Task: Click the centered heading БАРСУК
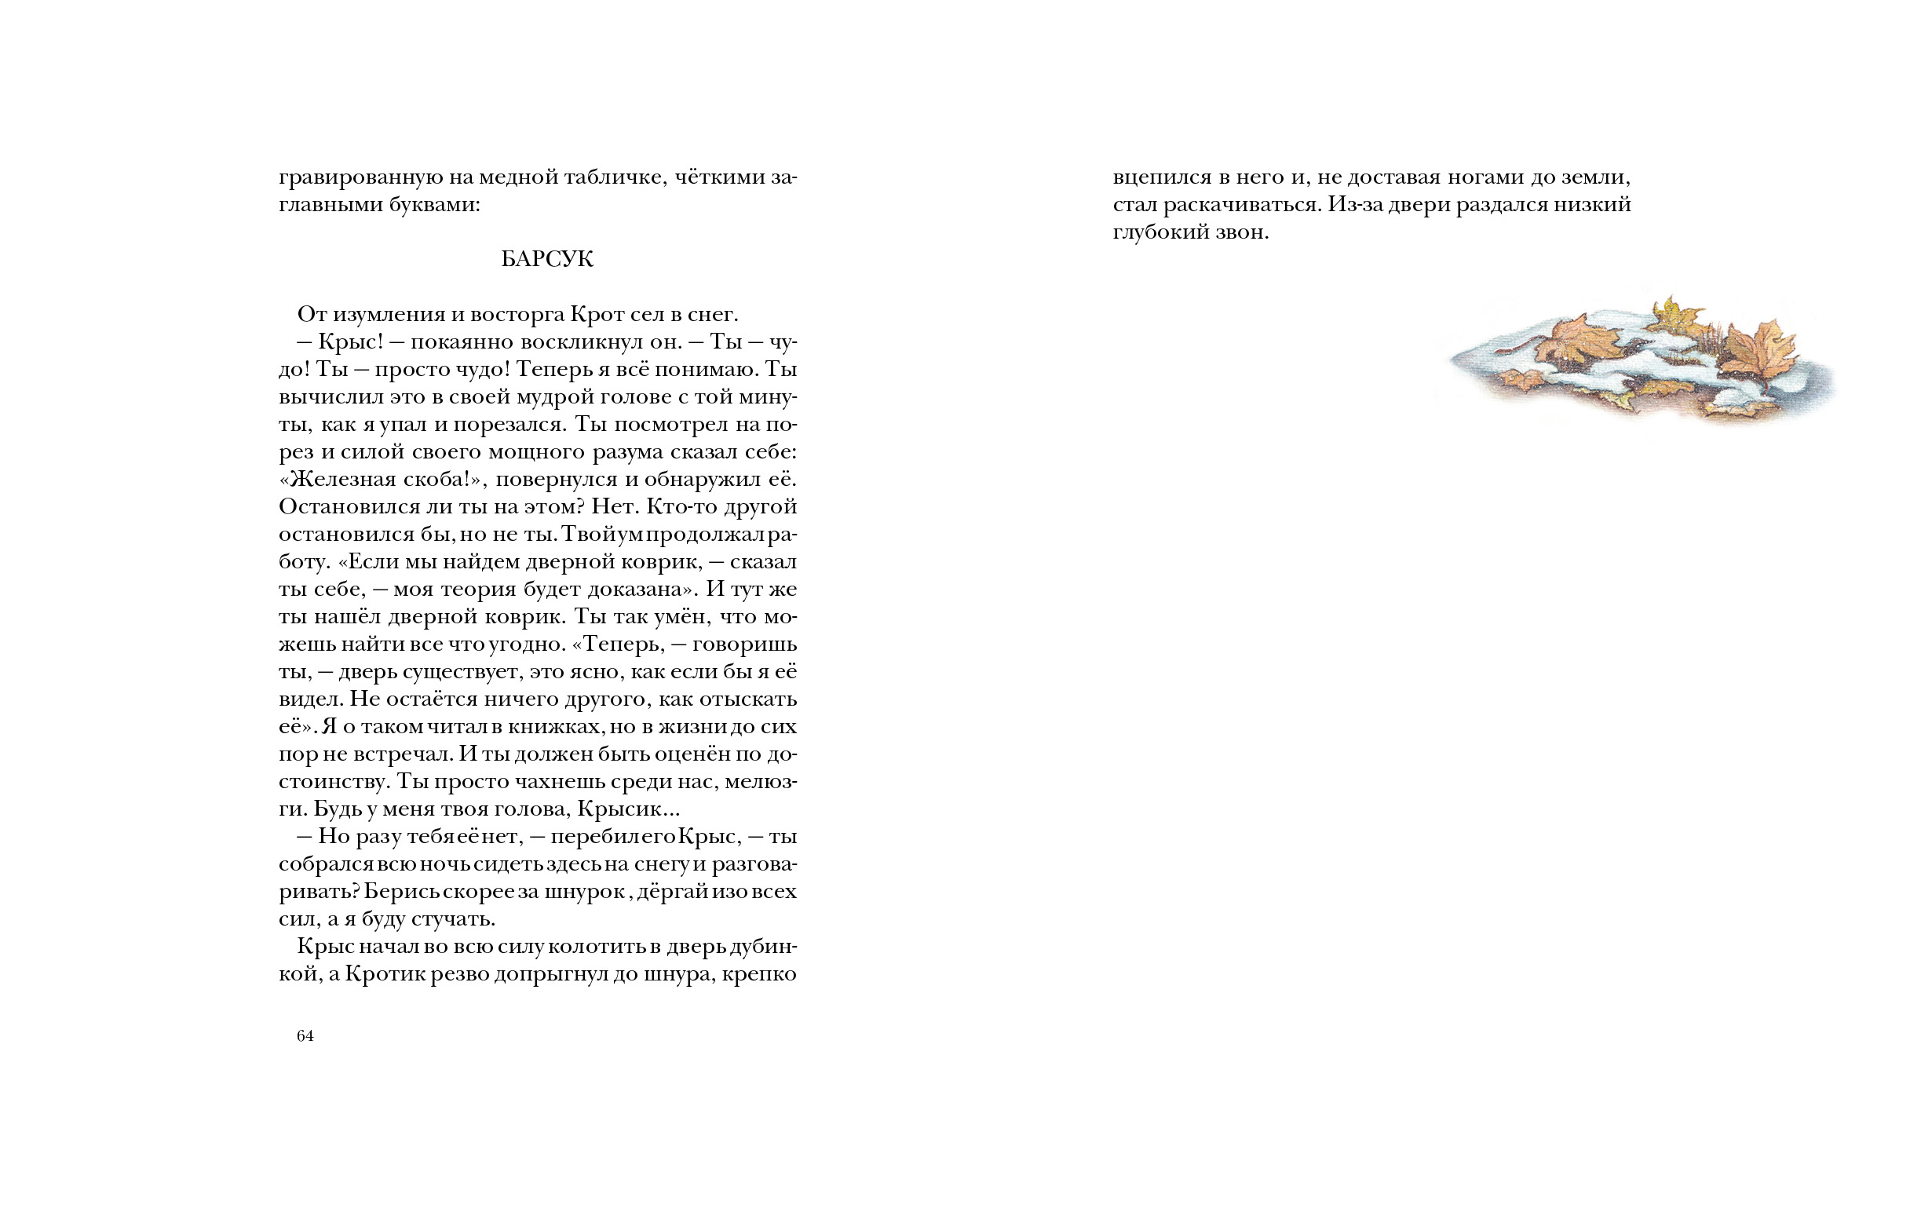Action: coord(546,259)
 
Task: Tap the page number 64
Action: coord(305,1036)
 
